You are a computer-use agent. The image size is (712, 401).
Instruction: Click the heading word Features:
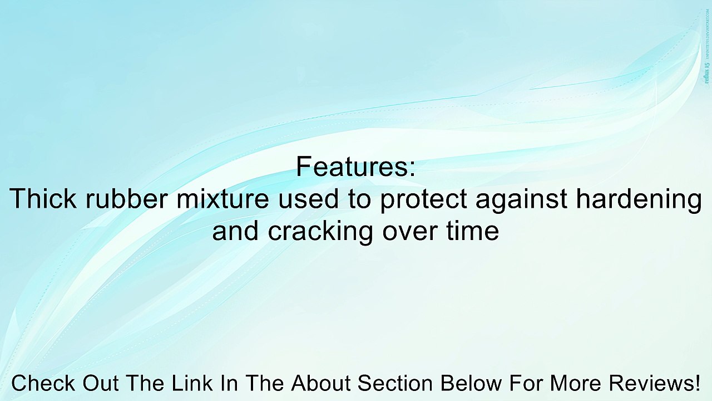pos(355,167)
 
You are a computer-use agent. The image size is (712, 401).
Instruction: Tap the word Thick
pos(43,199)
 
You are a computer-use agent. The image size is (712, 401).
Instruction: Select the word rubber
pos(126,199)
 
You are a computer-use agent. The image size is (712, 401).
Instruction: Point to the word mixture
pos(222,199)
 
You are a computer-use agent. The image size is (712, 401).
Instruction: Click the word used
pos(308,199)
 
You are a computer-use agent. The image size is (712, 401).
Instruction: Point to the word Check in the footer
pos(44,383)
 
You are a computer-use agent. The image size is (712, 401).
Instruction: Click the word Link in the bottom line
pos(192,383)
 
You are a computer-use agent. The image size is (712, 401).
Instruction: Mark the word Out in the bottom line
pos(101,383)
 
